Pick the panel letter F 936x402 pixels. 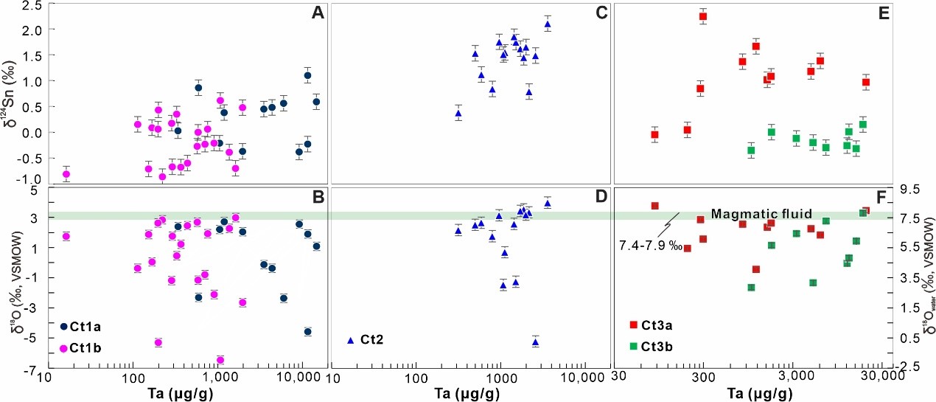(x=882, y=197)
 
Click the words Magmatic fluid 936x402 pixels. (x=761, y=214)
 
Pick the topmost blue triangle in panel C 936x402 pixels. (x=548, y=24)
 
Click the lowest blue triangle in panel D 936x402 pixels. (x=536, y=342)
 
